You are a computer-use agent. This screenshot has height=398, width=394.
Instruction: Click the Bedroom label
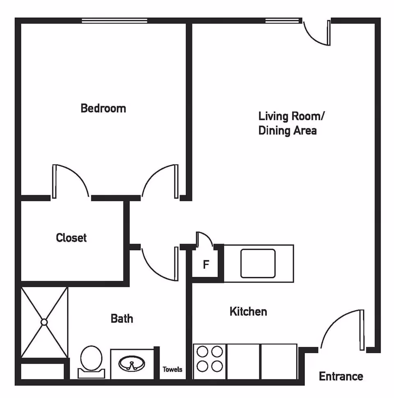pos(103,108)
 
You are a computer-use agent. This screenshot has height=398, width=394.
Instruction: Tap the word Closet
pos(71,237)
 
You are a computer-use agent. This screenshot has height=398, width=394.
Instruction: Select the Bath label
pos(122,318)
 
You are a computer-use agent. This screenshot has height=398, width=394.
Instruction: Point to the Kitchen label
pos(248,311)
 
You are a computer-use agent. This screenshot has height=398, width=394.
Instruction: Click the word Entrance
pos(341,376)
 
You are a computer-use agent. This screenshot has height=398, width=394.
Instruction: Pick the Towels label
pos(172,369)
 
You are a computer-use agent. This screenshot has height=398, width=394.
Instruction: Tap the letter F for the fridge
pos(206,265)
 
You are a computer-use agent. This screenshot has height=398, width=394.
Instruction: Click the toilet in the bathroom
pos(91,360)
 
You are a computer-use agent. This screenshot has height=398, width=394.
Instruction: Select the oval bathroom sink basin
pos(131,364)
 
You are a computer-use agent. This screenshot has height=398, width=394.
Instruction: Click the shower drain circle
pos(44,322)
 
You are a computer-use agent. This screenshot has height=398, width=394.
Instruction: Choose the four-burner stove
pos(210,359)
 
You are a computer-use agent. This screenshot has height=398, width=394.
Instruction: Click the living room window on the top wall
pos(283,21)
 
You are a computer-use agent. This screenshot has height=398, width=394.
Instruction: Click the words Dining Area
pos(287,131)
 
